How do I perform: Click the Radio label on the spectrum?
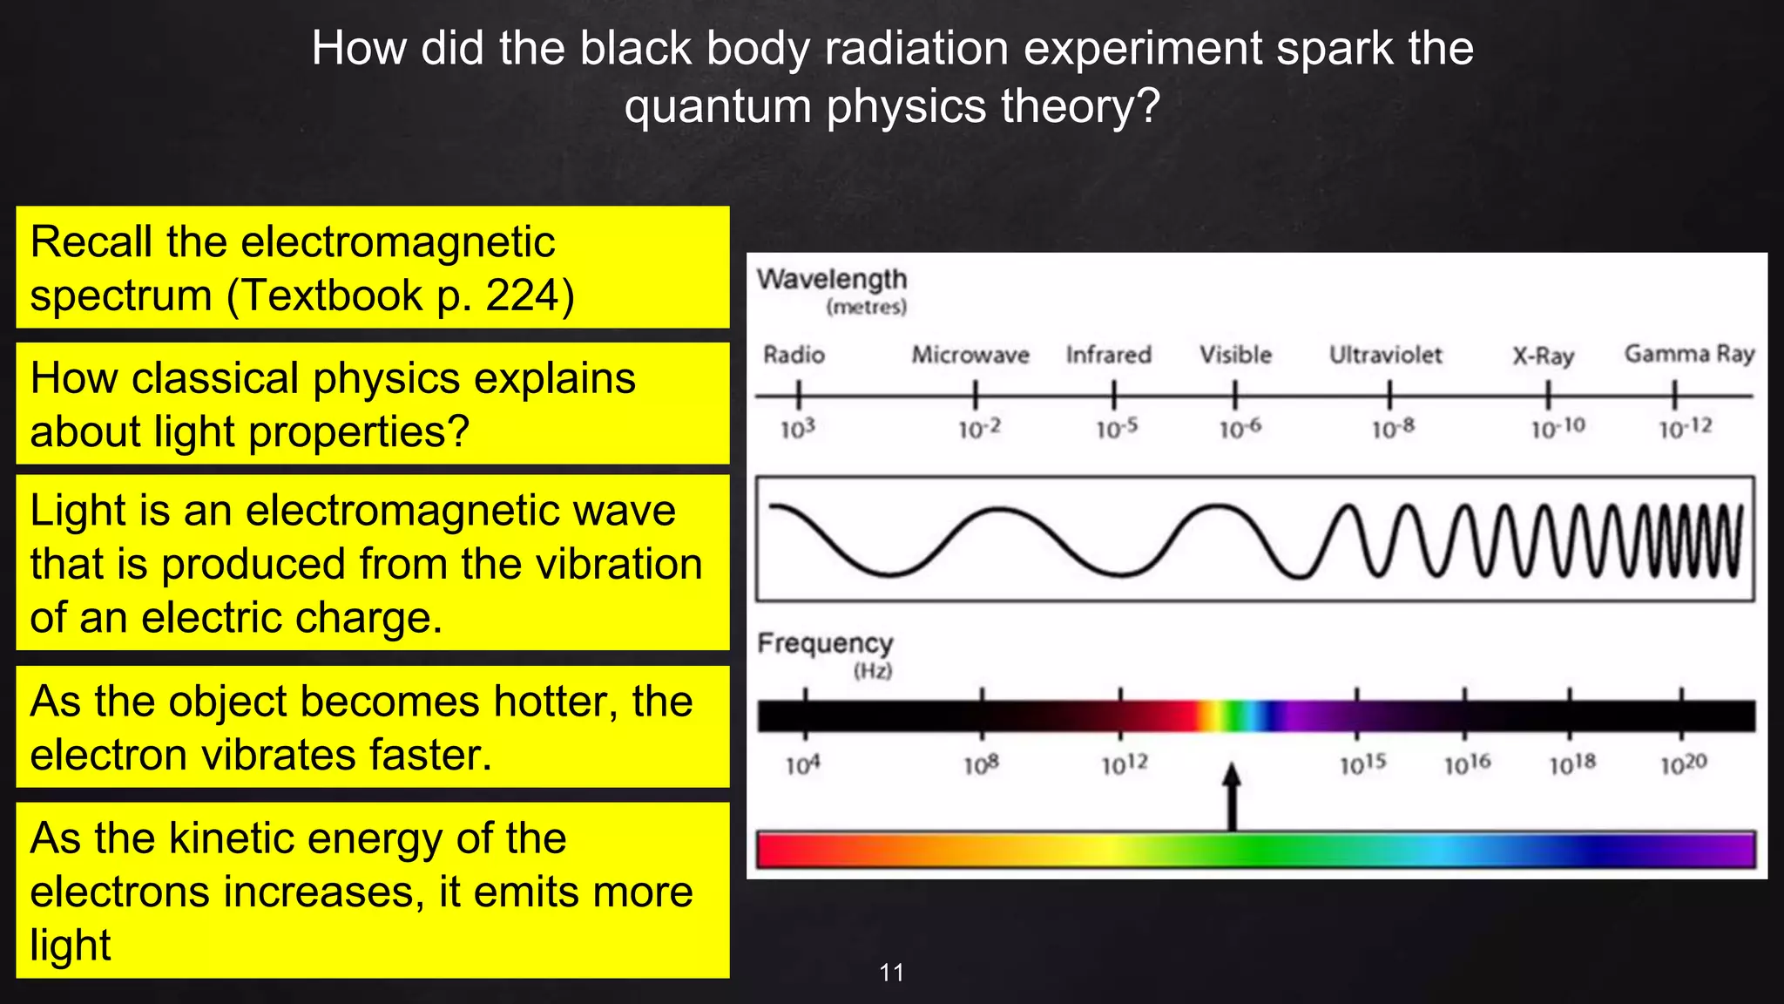point(794,355)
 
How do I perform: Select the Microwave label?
point(970,355)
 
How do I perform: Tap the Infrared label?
point(1108,355)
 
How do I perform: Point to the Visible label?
point(1235,355)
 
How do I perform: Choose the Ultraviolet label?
point(1385,355)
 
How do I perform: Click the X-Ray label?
point(1543,356)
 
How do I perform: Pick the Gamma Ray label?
point(1689,354)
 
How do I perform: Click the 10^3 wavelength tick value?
point(797,429)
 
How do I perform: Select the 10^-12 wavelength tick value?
point(1685,428)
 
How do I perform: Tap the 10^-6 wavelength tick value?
point(1240,428)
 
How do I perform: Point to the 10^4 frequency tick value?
point(802,765)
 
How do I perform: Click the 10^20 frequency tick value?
point(1683,764)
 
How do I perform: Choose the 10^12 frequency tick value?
point(1125,764)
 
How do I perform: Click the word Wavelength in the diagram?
point(832,279)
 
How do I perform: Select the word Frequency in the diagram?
point(825,643)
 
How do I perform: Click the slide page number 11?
point(892,973)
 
